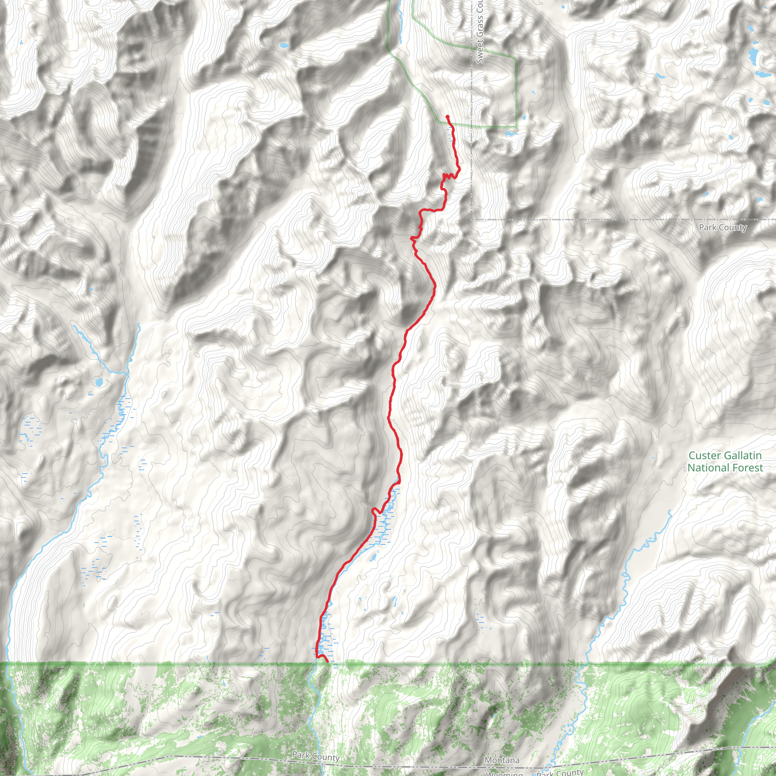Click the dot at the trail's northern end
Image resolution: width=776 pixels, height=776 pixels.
tap(447, 116)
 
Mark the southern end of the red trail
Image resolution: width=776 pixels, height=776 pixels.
tap(328, 661)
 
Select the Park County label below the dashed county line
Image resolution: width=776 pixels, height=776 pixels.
tap(723, 227)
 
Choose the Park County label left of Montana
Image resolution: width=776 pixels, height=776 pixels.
tap(316, 756)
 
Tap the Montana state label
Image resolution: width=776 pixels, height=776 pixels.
tap(502, 760)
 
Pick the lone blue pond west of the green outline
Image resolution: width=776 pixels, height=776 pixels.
tap(284, 45)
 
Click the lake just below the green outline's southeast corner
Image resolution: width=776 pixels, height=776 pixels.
tap(510, 133)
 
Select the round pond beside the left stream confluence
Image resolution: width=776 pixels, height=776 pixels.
tap(98, 381)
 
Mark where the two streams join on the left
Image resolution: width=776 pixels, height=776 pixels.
tap(127, 373)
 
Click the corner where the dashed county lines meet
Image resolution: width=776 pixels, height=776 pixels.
tap(471, 220)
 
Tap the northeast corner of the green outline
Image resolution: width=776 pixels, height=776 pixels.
tap(516, 59)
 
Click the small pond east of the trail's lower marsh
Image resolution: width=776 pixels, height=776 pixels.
tap(373, 557)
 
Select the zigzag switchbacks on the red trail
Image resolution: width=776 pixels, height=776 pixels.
tap(449, 175)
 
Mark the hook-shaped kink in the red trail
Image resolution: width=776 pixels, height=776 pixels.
tap(375, 511)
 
